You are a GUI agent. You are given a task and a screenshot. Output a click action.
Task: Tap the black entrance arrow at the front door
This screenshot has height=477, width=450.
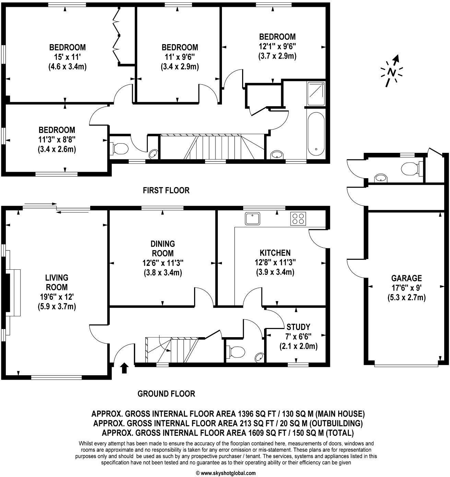coord(124,368)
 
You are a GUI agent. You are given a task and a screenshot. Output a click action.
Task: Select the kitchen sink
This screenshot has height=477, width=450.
coord(253,219)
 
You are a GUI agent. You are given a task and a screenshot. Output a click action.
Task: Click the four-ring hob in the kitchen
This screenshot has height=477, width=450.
coord(298,219)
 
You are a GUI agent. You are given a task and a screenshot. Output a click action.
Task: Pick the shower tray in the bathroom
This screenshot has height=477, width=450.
coord(316,94)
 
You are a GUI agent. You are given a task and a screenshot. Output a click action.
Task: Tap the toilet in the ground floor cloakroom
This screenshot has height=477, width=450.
coord(236,352)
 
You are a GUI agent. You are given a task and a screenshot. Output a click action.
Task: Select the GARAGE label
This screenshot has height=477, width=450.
coord(406,278)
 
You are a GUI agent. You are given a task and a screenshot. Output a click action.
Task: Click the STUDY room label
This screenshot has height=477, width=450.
coord(298,327)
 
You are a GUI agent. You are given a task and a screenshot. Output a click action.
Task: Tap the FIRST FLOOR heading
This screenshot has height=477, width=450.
coord(166,190)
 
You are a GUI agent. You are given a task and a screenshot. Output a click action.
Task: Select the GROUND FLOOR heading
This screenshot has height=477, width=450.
coord(166,394)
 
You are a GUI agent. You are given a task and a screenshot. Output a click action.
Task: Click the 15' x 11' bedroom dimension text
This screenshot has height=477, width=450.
coord(67,57)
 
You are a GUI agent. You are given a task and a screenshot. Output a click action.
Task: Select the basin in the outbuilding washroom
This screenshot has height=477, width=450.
coord(380,178)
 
